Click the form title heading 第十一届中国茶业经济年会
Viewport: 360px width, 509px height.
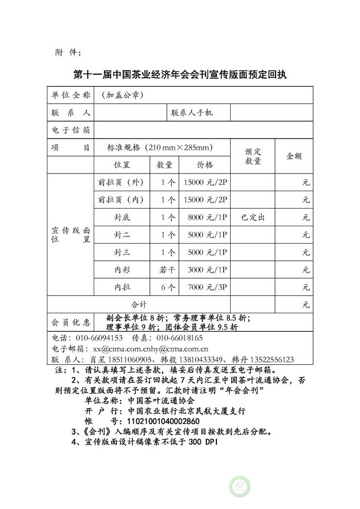(180, 74)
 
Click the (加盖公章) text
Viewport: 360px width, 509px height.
(122, 95)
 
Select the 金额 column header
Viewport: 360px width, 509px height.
(294, 156)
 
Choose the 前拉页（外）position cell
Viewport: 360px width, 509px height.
(121, 182)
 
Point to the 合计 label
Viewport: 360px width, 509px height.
(140, 304)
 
